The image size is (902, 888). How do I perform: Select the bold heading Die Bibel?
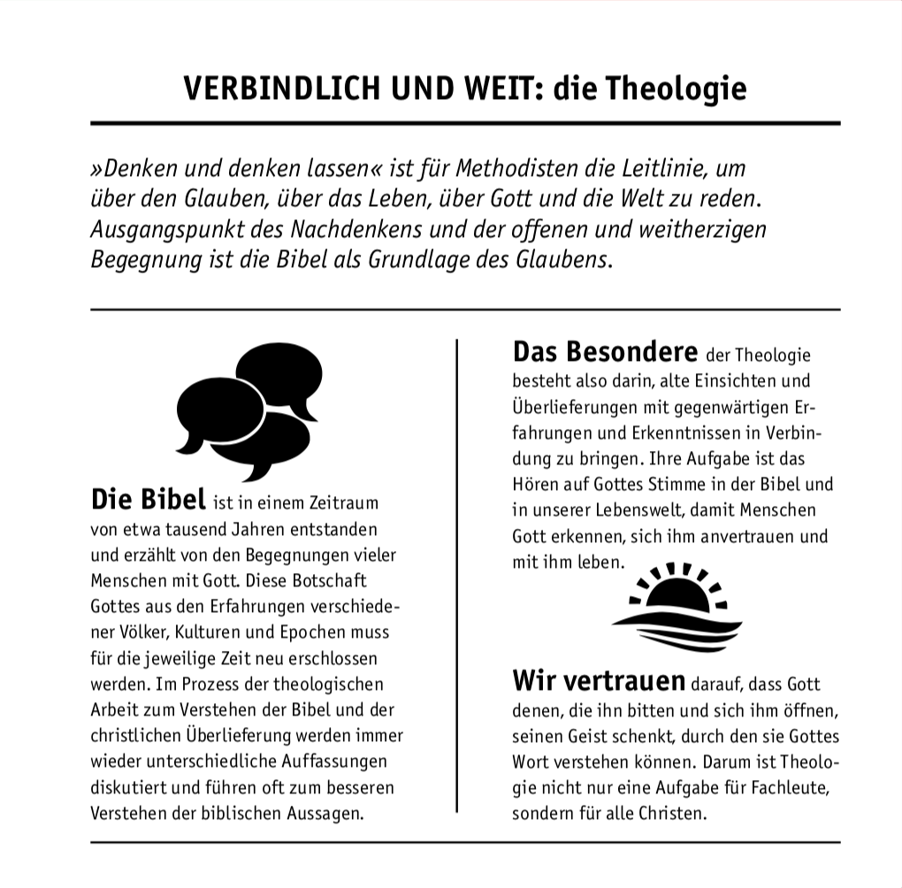[x=148, y=499]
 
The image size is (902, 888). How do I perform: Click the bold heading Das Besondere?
[x=605, y=352]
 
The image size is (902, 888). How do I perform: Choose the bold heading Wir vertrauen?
[x=599, y=681]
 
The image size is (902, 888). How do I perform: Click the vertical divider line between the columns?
[x=456, y=575]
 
